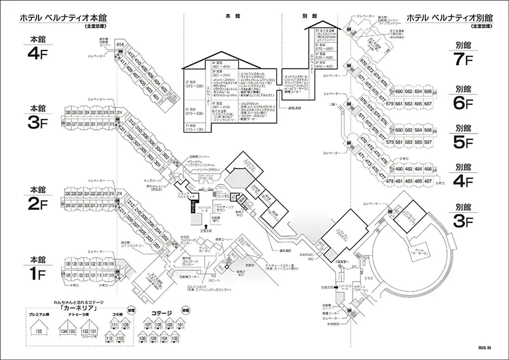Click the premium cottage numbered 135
[39, 331]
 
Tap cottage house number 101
[181, 325]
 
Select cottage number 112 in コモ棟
[114, 338]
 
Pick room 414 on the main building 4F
[120, 44]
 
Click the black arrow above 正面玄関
[197, 226]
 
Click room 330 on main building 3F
[68, 113]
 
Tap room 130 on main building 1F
[68, 264]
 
